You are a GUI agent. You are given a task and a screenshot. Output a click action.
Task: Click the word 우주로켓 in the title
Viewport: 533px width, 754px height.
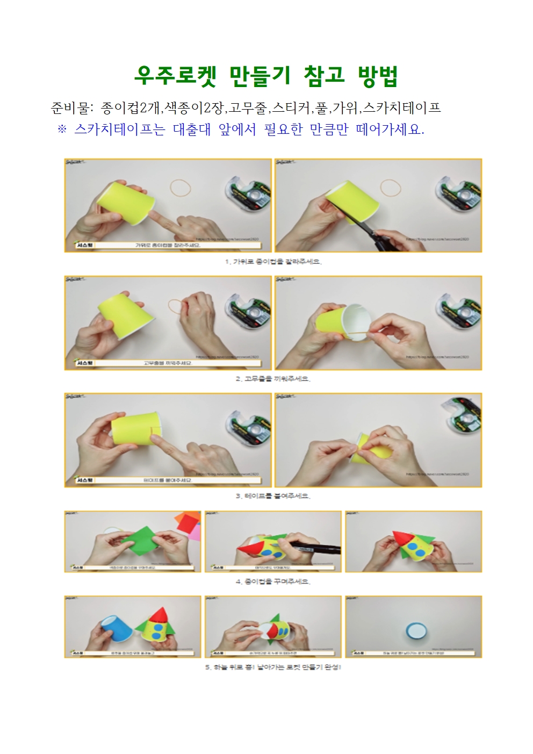point(175,76)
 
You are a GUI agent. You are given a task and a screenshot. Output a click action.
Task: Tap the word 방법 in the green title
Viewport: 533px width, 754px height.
point(378,76)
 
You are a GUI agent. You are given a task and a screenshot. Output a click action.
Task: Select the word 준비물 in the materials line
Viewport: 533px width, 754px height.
point(69,108)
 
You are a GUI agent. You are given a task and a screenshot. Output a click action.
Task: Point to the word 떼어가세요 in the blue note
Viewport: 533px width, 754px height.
point(390,130)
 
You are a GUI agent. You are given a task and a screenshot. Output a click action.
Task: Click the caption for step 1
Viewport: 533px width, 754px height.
point(273,262)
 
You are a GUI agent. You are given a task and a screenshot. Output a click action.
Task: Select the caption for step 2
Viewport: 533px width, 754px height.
point(273,379)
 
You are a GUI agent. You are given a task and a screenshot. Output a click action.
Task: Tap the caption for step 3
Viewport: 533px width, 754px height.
point(273,496)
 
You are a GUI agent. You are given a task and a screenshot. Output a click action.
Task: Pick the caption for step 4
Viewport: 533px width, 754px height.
point(273,581)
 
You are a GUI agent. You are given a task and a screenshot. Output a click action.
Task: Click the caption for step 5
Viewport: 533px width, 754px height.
point(273,667)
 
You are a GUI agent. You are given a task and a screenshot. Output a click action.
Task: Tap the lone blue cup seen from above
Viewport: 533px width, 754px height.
point(414,629)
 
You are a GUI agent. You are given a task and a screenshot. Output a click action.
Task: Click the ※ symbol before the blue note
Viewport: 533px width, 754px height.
point(62,130)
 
